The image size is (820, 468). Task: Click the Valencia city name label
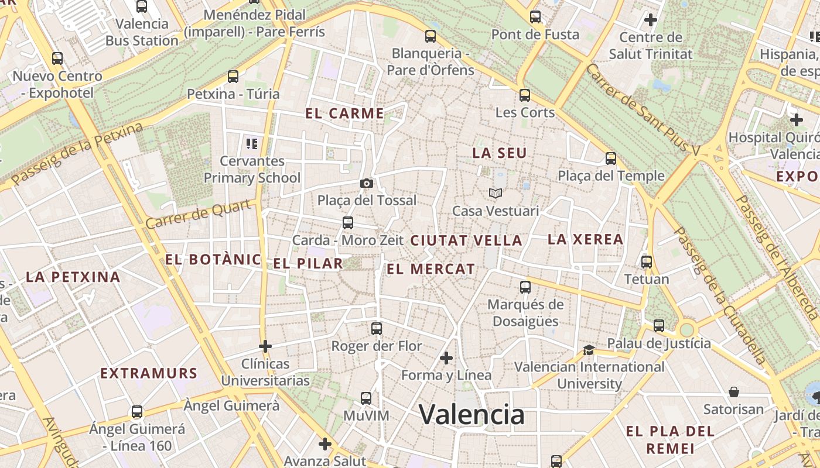pyautogui.click(x=471, y=415)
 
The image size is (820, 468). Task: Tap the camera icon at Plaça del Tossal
pyautogui.click(x=367, y=184)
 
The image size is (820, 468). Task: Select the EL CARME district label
pyautogui.click(x=344, y=113)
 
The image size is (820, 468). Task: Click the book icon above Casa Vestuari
pyautogui.click(x=496, y=193)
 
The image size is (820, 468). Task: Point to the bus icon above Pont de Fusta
pyautogui.click(x=535, y=17)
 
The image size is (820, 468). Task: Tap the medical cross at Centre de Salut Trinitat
pyautogui.click(x=650, y=20)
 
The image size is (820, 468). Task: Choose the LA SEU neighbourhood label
pyautogui.click(x=500, y=153)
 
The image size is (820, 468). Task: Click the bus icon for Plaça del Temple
pyautogui.click(x=611, y=159)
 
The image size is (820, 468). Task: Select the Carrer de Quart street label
pyautogui.click(x=201, y=214)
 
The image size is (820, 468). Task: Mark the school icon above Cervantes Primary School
pyautogui.click(x=252, y=143)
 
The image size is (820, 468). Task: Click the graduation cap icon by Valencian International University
pyautogui.click(x=589, y=350)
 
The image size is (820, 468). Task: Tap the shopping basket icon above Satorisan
pyautogui.click(x=734, y=392)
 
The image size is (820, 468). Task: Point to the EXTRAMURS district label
pyautogui.click(x=148, y=373)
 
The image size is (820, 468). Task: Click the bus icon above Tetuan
pyautogui.click(x=647, y=261)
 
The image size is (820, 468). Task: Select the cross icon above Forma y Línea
pyautogui.click(x=446, y=357)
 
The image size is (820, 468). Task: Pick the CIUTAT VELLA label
pyautogui.click(x=466, y=240)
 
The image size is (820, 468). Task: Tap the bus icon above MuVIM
pyautogui.click(x=366, y=398)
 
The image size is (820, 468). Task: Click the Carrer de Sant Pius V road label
pyautogui.click(x=643, y=110)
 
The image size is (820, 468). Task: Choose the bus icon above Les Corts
pyautogui.click(x=525, y=95)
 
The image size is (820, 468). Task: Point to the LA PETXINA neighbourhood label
pyautogui.click(x=73, y=277)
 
